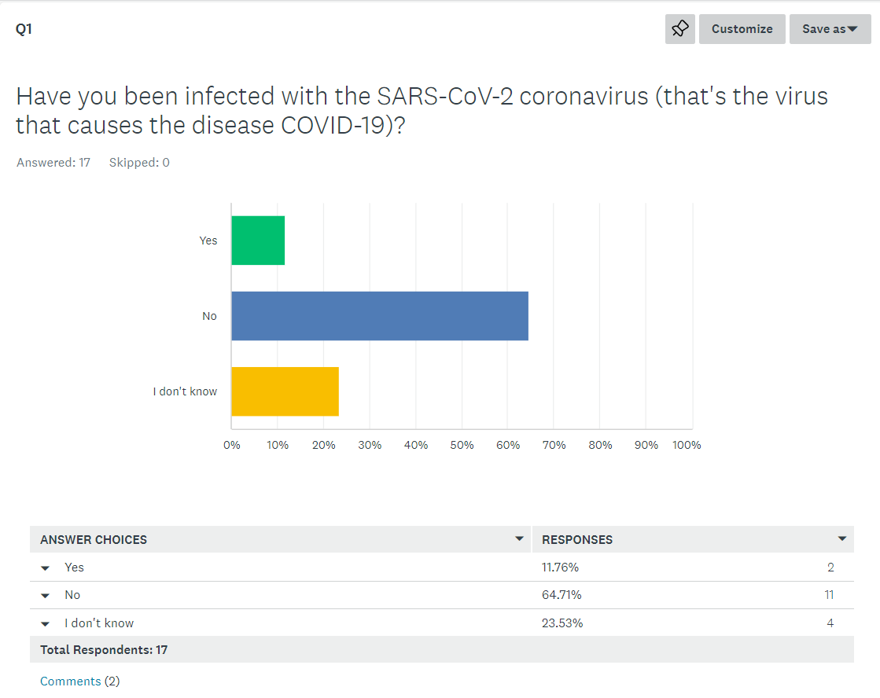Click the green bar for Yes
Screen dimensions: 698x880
[258, 241]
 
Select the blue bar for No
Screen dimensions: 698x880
[380, 316]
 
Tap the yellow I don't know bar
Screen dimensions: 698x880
[285, 391]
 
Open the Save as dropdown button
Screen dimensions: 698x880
[830, 29]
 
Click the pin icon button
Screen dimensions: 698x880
[680, 29]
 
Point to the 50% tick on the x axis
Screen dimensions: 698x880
[462, 445]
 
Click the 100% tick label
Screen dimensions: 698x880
[687, 445]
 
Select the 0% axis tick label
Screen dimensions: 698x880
[232, 445]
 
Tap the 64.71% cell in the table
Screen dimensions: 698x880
[562, 595]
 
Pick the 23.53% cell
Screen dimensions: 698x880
[562, 623]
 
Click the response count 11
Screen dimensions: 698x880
[829, 595]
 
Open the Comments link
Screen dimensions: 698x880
[71, 681]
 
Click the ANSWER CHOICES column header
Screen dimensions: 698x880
[94, 540]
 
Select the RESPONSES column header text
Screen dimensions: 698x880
[577, 540]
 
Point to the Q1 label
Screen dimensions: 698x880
[24, 29]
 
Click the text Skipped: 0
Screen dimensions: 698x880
[139, 163]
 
